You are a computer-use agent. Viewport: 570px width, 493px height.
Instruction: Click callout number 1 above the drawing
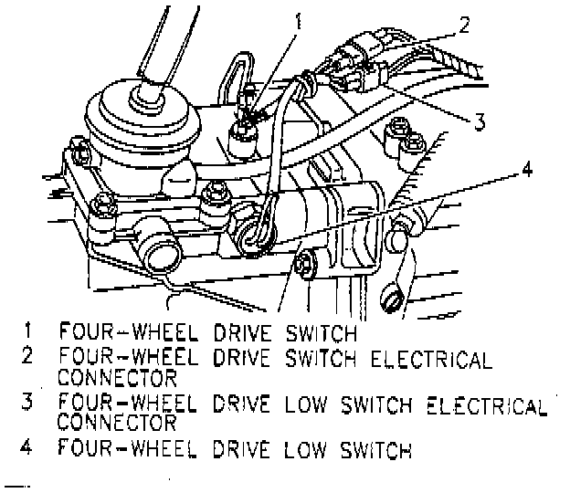point(297,18)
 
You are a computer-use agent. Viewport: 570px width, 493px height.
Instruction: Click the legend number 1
point(31,328)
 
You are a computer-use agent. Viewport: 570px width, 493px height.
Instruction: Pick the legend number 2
point(29,354)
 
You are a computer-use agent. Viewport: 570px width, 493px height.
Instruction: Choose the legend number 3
point(29,402)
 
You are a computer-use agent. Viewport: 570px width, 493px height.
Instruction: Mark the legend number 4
point(29,448)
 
